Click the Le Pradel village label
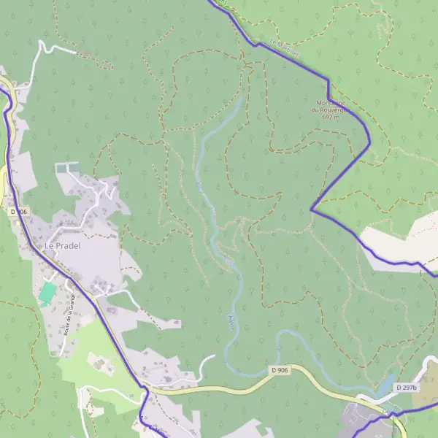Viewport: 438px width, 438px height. (x=62, y=246)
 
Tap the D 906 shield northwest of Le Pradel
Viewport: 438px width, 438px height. (x=19, y=212)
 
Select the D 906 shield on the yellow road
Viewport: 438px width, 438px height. (x=279, y=372)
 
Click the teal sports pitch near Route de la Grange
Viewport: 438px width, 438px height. (x=47, y=293)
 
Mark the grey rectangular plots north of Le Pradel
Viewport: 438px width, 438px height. (x=66, y=169)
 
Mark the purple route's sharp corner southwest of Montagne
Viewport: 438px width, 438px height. (x=312, y=210)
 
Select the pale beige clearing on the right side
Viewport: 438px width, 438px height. (x=398, y=241)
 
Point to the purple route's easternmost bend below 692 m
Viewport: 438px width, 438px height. (x=369, y=142)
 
